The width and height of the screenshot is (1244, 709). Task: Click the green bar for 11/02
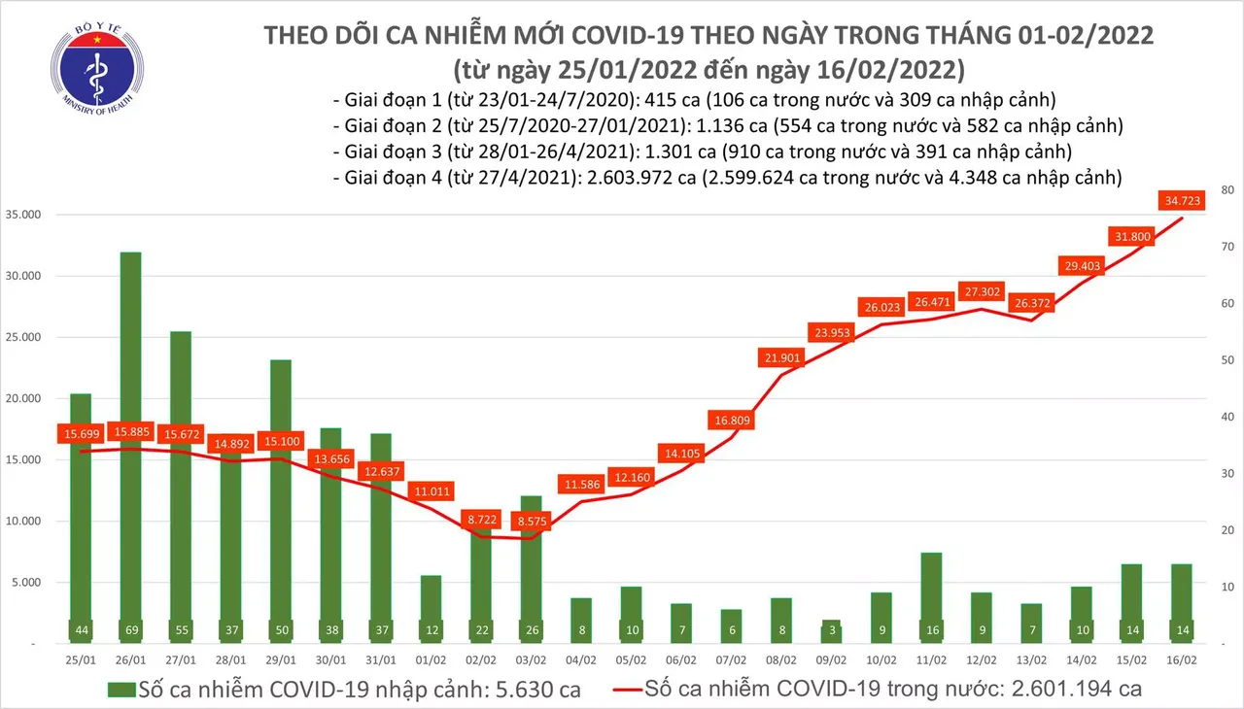coord(931,592)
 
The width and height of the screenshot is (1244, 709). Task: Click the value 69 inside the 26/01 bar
coord(130,629)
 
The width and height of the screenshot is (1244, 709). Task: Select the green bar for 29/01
coord(281,495)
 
